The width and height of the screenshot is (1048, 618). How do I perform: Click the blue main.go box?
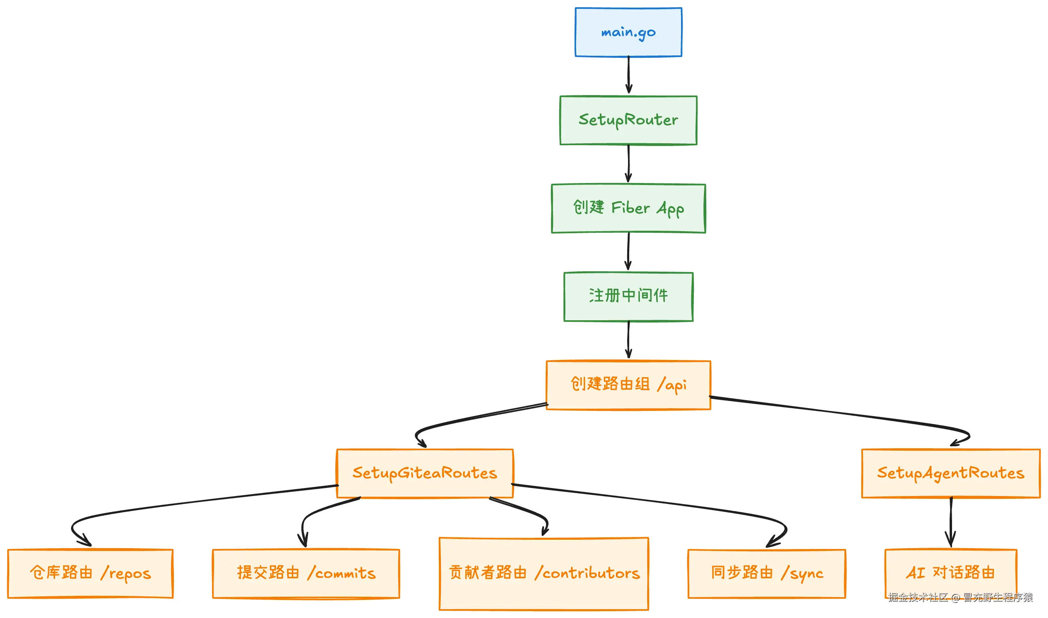pos(628,32)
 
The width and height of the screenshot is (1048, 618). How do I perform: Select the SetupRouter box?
pos(628,120)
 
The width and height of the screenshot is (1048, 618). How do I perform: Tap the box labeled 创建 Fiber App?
pos(628,208)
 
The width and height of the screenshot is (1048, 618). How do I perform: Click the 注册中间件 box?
pos(628,297)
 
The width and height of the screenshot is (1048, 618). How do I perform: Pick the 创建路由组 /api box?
pos(628,385)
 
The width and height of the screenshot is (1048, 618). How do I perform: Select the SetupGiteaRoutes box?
pos(424,473)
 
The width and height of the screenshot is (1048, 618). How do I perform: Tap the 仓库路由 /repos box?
pos(90,573)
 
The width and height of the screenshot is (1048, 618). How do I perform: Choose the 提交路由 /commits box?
pos(306,573)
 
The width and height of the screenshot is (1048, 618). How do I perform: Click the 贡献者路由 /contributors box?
pos(543,573)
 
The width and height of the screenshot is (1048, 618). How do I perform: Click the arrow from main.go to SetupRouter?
pos(628,75)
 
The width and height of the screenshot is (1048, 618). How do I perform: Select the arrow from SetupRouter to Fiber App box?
pos(628,163)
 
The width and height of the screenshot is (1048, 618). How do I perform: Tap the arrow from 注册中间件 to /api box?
pos(628,339)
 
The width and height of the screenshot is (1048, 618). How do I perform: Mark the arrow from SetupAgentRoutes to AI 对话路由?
pos(950,522)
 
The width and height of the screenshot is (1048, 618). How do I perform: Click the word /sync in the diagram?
pos(802,574)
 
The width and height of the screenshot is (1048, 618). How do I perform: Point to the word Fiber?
pos(630,208)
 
